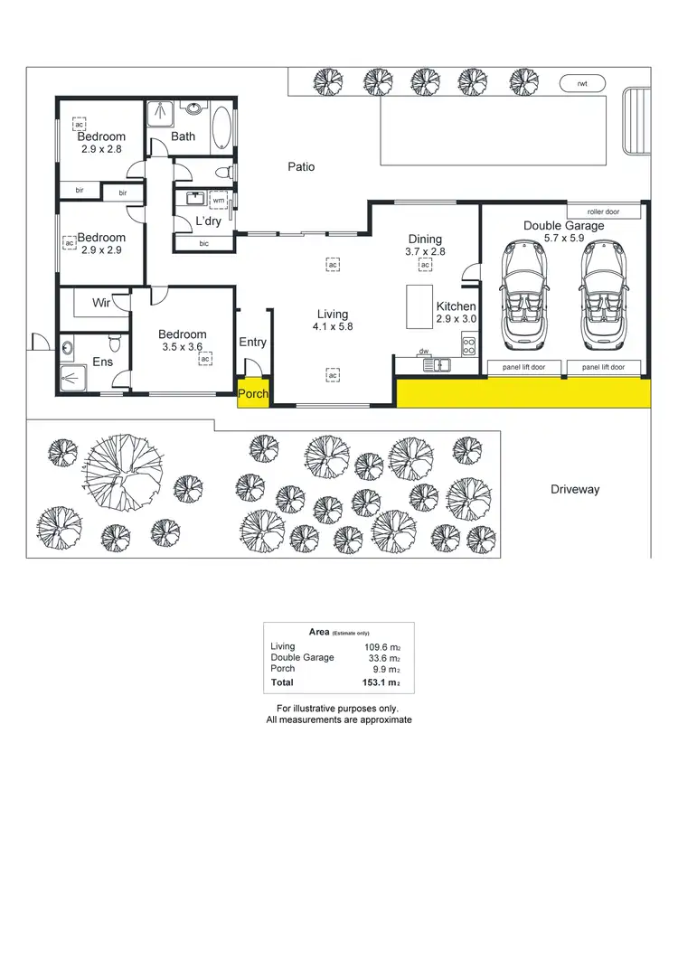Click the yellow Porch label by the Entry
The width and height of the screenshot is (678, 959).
tap(252, 394)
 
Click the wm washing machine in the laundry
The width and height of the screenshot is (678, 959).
tap(219, 200)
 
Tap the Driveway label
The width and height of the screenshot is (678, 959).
tap(575, 489)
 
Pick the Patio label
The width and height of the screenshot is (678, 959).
tap(301, 167)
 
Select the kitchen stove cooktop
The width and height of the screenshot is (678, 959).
tap(468, 343)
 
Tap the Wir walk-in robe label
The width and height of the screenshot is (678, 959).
tap(102, 303)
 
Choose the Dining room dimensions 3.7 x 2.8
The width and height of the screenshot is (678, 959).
tap(425, 252)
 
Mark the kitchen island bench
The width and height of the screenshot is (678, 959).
tap(418, 307)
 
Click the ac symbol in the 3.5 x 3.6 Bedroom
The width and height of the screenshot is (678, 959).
tap(205, 359)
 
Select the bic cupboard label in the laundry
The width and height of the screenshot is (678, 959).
tap(203, 242)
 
